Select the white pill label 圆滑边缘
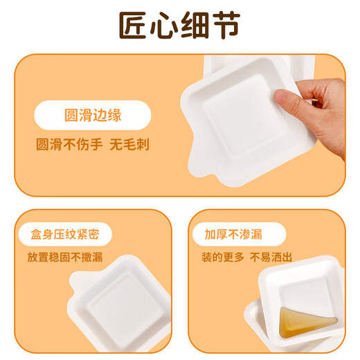(x=92, y=115)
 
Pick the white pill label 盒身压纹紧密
(x=69, y=234)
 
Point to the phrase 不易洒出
(x=272, y=257)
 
